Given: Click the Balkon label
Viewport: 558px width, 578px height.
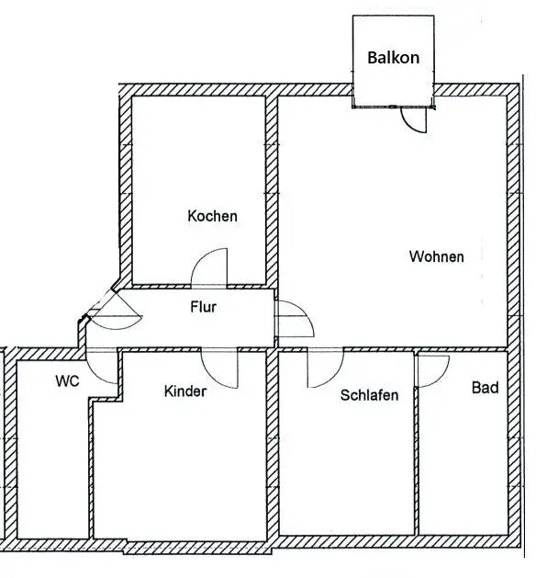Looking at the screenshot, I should coord(394,57).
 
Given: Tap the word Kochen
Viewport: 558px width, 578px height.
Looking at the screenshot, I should coord(212,217).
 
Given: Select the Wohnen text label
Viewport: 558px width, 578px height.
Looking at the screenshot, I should coord(436,257).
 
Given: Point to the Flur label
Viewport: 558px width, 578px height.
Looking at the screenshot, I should coord(203,307).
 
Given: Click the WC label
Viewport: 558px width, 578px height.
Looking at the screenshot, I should coord(66,380).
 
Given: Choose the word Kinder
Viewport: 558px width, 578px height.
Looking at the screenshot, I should coord(185,391).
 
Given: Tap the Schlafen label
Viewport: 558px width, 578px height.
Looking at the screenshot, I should coord(369,396).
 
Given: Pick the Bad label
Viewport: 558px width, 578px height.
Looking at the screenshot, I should coord(485,388).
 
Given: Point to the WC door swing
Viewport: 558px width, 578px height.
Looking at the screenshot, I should coord(106,368).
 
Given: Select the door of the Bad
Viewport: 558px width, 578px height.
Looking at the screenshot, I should coord(431,367).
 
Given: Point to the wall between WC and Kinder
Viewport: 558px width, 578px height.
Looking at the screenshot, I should coord(92,459).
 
